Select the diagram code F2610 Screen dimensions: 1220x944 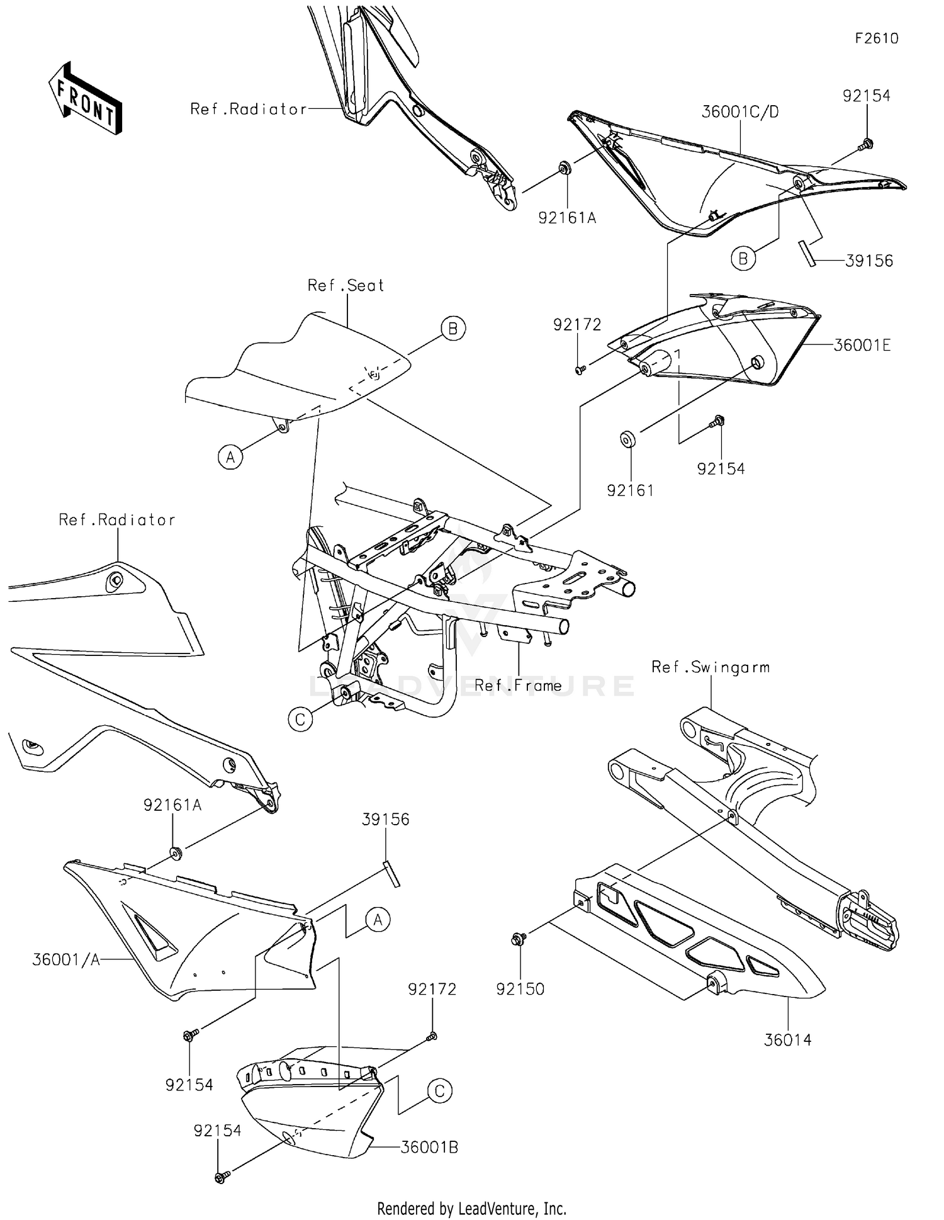click(x=876, y=38)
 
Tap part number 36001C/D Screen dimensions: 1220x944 click(x=739, y=112)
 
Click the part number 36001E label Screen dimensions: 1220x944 click(x=862, y=345)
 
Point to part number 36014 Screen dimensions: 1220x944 click(x=787, y=1040)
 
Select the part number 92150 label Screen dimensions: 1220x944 click(x=520, y=989)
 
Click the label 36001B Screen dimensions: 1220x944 click(x=429, y=1148)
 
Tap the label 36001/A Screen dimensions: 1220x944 click(x=65, y=960)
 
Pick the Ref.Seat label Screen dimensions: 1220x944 click(x=346, y=286)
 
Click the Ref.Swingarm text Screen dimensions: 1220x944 click(x=710, y=667)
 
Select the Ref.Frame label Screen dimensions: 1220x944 click(x=517, y=686)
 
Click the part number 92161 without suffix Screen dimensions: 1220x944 click(x=630, y=490)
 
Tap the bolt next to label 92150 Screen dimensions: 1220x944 click(x=519, y=940)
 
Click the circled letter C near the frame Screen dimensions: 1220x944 click(x=300, y=719)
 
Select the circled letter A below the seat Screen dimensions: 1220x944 click(x=230, y=457)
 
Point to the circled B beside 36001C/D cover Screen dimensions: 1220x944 click(x=743, y=259)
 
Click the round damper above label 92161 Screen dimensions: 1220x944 click(x=627, y=439)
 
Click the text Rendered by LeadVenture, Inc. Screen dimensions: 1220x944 click(x=471, y=1208)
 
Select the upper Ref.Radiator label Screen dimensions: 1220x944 click(x=248, y=110)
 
